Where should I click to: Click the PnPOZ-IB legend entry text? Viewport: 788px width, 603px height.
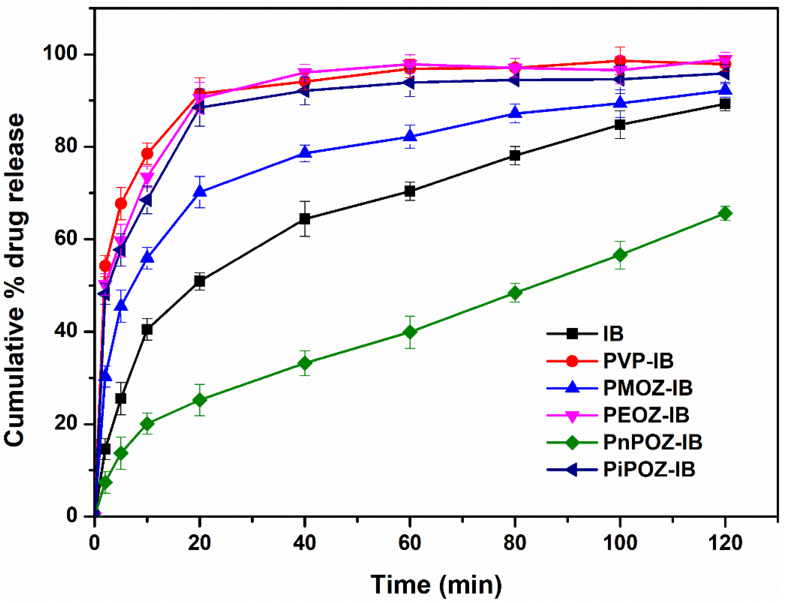pyautogui.click(x=652, y=442)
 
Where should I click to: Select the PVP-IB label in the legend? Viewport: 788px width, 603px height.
pyautogui.click(x=638, y=361)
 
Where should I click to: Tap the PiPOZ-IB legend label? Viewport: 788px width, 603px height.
pyautogui.click(x=649, y=469)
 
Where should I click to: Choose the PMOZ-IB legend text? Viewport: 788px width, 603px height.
pyautogui.click(x=647, y=388)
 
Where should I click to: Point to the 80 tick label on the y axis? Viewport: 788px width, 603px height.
pyautogui.click(x=66, y=147)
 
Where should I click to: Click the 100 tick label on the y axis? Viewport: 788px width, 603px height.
pyautogui.click(x=60, y=55)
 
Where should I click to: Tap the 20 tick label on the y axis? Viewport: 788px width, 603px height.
pyautogui.click(x=66, y=424)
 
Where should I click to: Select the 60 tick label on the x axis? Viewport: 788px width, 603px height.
pyautogui.click(x=409, y=543)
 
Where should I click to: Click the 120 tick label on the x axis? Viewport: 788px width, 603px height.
pyautogui.click(x=725, y=543)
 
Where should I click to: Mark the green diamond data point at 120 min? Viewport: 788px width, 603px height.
pyautogui.click(x=725, y=214)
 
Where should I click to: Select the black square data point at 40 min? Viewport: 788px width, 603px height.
pyautogui.click(x=305, y=219)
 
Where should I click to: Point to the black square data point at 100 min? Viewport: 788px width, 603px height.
pyautogui.click(x=620, y=125)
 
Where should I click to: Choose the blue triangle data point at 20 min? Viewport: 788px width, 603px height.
pyautogui.click(x=200, y=192)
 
